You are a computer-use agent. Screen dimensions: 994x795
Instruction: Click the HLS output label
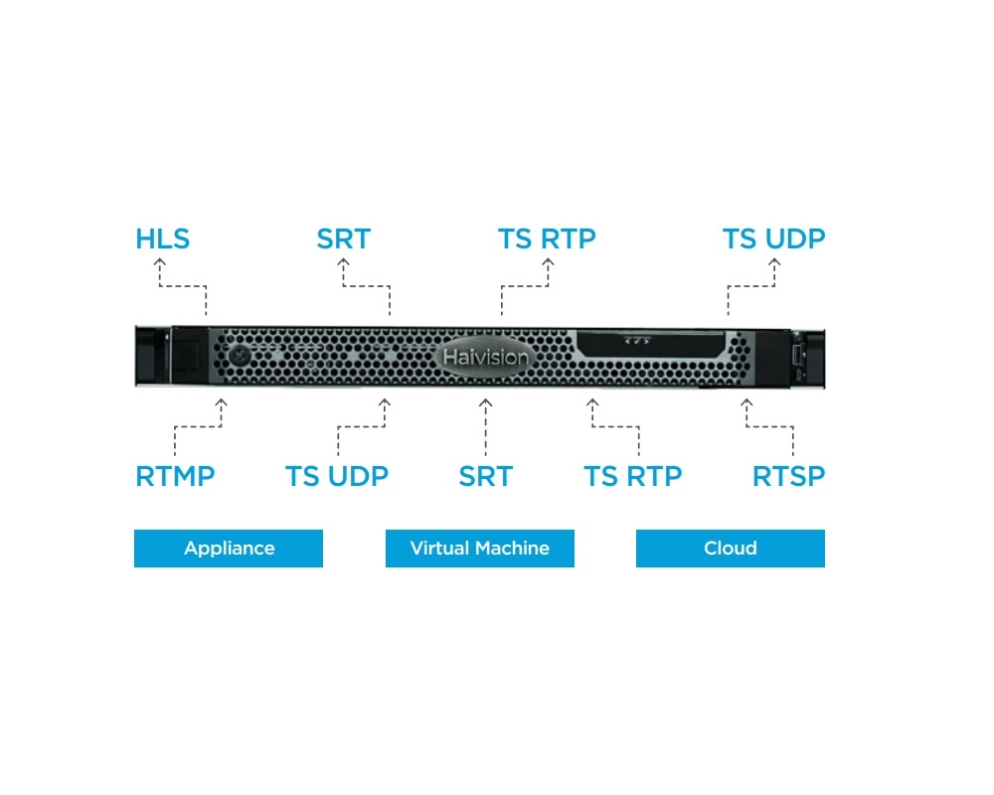162,239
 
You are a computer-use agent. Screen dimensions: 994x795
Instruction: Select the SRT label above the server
344,239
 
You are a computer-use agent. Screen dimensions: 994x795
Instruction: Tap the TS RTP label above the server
547,239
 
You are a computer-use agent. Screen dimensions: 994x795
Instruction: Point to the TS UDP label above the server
773,239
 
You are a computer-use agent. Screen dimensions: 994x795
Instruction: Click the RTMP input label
176,476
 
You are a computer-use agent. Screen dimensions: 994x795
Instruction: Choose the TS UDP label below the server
337,476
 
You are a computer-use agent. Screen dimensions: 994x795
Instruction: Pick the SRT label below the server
486,476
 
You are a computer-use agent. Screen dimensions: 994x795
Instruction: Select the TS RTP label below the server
632,476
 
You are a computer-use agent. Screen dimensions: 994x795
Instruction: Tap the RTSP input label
788,476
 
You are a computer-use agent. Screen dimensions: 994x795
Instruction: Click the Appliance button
229,549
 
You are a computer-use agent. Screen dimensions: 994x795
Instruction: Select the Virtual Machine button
480,549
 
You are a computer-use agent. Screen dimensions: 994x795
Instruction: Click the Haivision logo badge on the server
486,357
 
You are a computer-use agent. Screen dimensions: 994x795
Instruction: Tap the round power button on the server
240,355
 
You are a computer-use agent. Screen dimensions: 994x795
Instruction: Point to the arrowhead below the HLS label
160,261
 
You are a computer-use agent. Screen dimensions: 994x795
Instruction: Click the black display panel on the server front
650,344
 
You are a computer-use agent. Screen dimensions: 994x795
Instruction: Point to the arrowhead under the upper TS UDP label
774,261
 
